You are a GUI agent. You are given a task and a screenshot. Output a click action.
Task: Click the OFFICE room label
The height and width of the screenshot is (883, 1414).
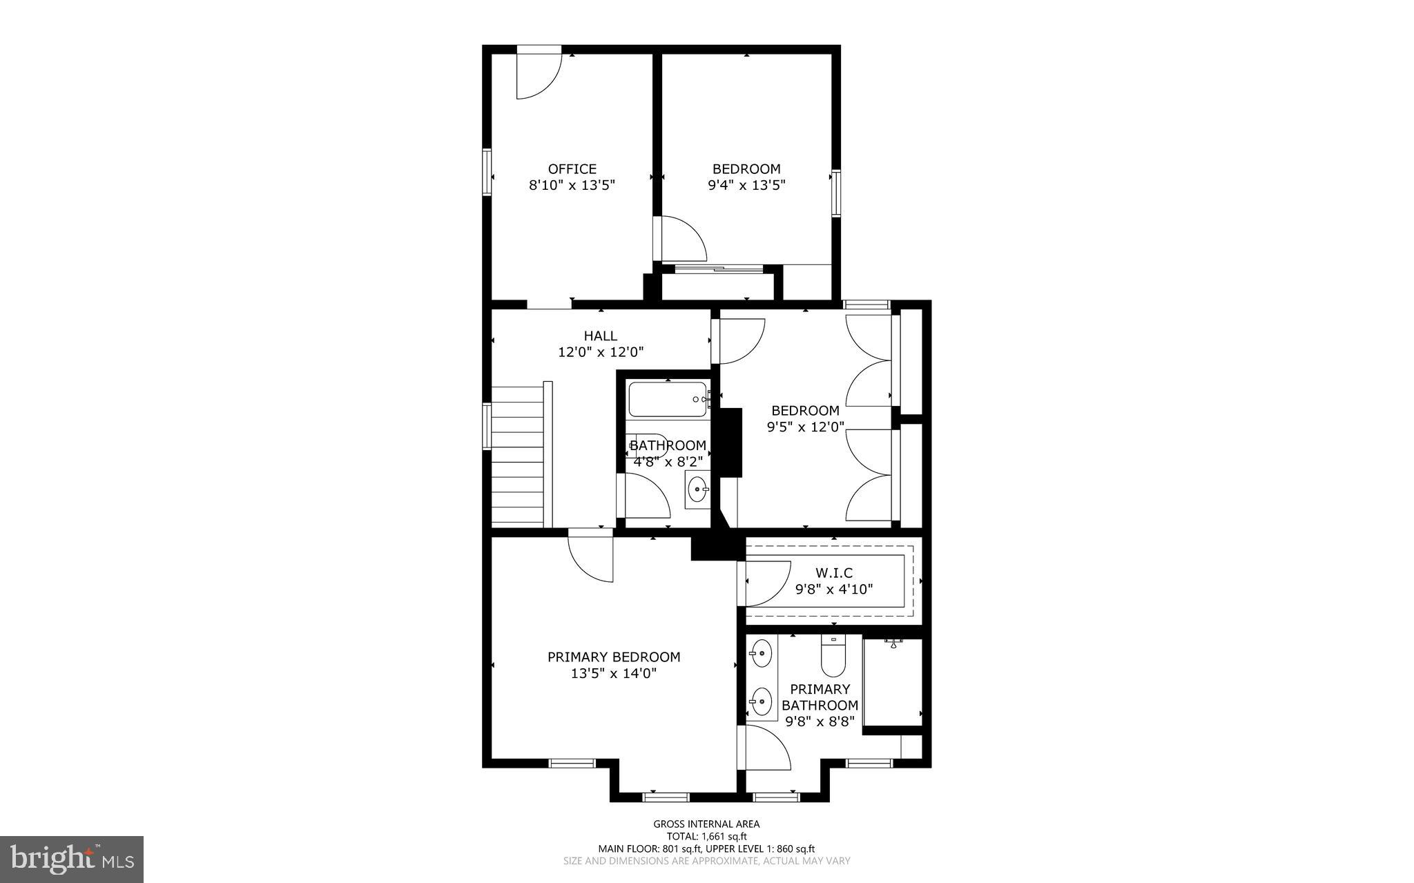572,169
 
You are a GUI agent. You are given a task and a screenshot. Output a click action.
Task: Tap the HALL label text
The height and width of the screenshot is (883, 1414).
600,336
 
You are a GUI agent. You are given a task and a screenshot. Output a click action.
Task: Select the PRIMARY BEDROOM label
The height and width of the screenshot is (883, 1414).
614,657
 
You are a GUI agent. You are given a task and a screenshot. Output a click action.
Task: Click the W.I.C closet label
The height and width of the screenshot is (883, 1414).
834,573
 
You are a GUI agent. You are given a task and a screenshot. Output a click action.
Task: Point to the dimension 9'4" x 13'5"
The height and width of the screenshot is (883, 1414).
746,185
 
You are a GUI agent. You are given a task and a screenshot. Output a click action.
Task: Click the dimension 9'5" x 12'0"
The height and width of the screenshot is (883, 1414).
806,427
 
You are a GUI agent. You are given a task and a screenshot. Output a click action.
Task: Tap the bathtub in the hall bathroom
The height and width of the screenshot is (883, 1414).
668,400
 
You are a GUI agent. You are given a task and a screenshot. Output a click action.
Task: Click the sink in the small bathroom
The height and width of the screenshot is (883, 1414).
698,490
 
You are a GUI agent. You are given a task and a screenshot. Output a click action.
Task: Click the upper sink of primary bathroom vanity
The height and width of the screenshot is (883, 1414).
762,653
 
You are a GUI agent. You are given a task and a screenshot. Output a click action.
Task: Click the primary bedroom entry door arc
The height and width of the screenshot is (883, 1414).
590,558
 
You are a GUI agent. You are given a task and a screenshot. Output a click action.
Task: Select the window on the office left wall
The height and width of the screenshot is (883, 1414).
486,173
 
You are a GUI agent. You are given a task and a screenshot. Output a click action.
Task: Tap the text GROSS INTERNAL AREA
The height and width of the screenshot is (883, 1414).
706,824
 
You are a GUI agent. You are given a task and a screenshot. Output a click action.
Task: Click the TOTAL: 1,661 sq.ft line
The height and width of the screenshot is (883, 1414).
706,836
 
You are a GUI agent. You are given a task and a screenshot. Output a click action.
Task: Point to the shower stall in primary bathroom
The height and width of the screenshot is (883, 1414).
893,683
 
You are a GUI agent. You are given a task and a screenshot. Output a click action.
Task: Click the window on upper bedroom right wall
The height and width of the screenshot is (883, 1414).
836,193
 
